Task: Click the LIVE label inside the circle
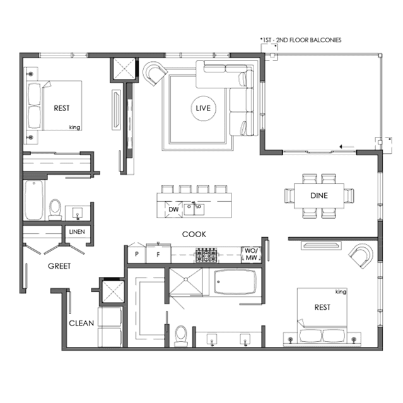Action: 203,108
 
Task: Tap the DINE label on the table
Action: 319,196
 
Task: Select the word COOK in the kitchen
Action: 194,235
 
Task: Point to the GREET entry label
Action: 59,266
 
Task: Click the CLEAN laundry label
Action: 81,323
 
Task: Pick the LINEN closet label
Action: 77,232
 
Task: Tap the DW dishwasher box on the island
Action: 173,209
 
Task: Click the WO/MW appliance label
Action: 251,254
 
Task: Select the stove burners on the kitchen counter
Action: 206,255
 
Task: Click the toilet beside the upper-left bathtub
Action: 55,209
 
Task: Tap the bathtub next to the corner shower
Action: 235,282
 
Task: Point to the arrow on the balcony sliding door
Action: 347,147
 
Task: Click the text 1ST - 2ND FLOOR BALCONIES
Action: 301,40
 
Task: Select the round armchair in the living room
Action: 155,73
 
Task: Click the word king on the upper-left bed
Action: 74,127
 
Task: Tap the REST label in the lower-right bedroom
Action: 322,307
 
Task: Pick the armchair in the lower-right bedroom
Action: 361,255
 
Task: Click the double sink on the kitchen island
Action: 194,209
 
